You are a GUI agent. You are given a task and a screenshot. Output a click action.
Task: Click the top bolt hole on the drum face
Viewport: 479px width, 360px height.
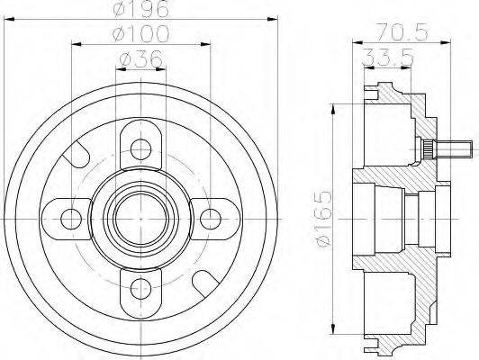pos(140,146)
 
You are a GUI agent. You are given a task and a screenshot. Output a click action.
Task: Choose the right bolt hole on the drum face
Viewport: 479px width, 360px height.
pos(211,216)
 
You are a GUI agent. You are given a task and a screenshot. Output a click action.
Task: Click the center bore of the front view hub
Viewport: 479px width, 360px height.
pos(140,216)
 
